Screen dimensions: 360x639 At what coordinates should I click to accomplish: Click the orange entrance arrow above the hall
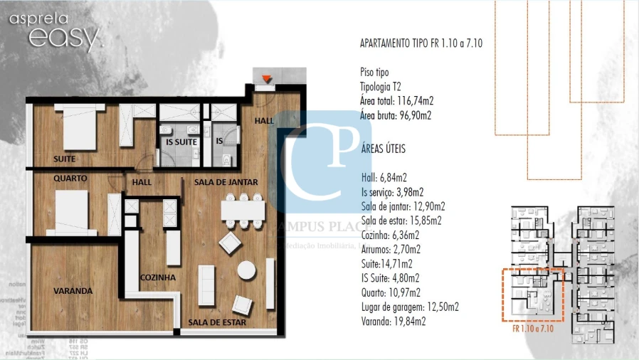[x=266, y=78]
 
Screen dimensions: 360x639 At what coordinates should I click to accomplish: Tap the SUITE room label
[x=65, y=159]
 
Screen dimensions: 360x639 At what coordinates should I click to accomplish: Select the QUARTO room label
[x=70, y=179]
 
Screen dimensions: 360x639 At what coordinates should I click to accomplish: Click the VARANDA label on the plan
[x=73, y=291]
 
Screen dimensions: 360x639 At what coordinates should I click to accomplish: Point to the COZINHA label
[x=158, y=277]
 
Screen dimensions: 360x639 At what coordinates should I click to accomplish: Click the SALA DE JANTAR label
[x=226, y=183]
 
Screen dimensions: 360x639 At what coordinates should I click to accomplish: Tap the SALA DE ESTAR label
[x=217, y=323]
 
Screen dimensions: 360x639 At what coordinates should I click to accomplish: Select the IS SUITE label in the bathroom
[x=181, y=142]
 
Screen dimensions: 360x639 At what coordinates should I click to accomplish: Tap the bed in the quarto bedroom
[x=71, y=212]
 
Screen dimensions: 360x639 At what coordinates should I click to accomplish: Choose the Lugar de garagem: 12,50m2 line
[x=410, y=307]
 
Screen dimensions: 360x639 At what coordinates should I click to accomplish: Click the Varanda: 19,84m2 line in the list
[x=394, y=322]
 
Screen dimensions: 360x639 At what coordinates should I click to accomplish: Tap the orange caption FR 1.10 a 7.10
[x=533, y=329]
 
